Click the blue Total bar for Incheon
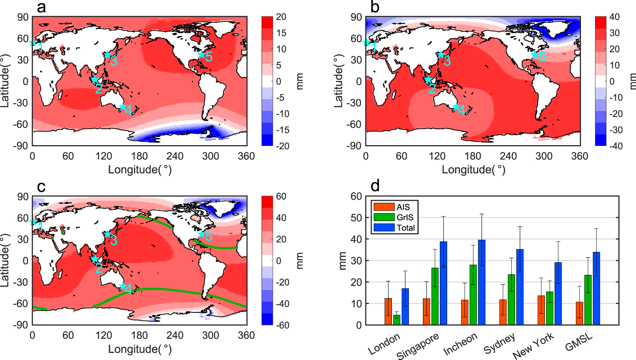click(x=482, y=282)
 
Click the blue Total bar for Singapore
click(x=443, y=283)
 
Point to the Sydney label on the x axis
click(x=499, y=344)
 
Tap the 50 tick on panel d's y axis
click(x=356, y=218)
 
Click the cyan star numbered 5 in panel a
click(x=201, y=55)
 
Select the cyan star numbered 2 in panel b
click(x=428, y=80)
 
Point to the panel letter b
click(x=375, y=7)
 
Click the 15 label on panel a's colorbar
click(x=281, y=33)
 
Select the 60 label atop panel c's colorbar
click(x=281, y=196)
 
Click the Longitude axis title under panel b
click(x=473, y=169)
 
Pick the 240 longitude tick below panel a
click(x=175, y=156)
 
